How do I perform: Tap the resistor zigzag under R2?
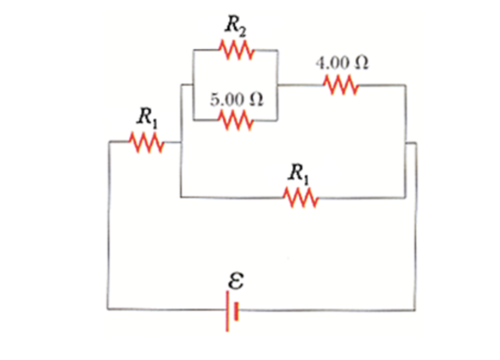[236, 51]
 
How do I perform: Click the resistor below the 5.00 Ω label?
[236, 119]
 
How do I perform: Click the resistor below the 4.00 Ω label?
[341, 85]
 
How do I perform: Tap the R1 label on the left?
[146, 117]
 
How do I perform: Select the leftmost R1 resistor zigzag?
[146, 142]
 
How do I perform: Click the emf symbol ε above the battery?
[234, 282]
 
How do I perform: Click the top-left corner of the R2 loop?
[193, 50]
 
